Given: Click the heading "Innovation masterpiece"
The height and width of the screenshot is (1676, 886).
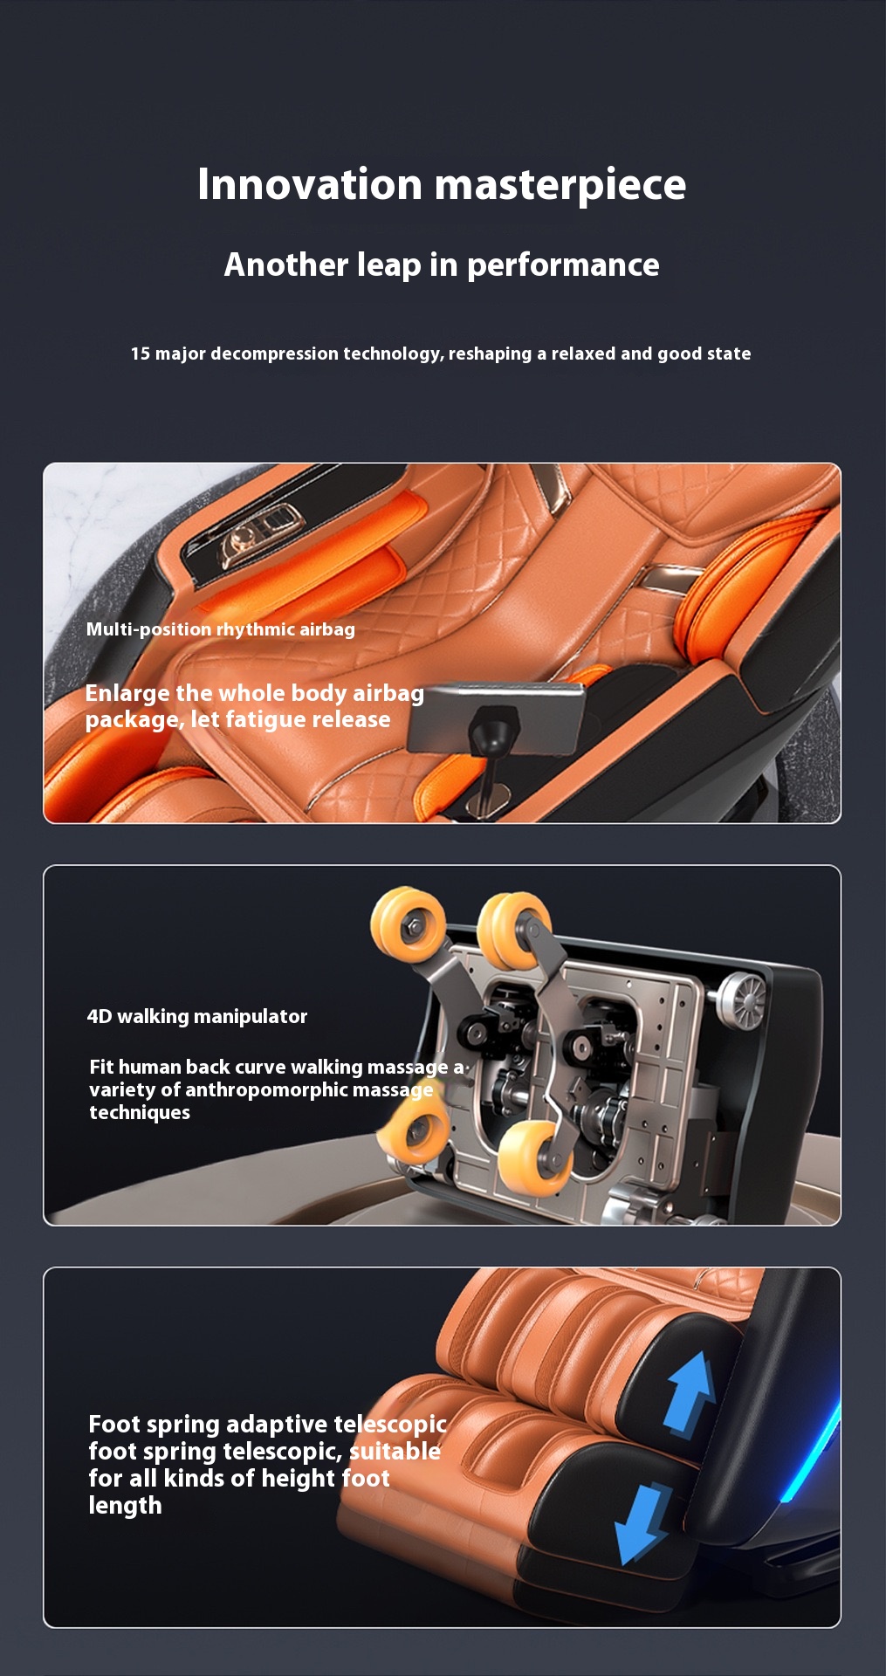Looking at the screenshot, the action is click(442, 185).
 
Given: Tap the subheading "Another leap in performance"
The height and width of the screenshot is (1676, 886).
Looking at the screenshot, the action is click(442, 264).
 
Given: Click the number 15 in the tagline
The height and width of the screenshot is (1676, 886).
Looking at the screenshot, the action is click(141, 354).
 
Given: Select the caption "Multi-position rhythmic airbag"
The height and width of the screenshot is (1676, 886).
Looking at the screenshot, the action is click(221, 629).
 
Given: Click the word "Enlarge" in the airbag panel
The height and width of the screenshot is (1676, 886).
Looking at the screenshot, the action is click(127, 694).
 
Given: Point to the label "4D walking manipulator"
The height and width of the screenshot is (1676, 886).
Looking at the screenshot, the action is click(197, 1016).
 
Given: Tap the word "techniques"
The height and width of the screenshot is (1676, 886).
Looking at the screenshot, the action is click(140, 1112).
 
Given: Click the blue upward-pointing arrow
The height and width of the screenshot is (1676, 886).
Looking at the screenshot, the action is click(690, 1393).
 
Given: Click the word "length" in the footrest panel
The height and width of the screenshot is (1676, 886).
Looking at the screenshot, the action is click(125, 1506).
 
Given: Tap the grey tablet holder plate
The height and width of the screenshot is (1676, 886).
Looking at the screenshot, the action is click(498, 716).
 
